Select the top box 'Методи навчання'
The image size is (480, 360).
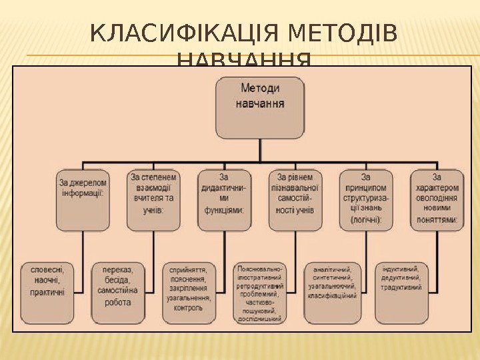[x=259, y=107]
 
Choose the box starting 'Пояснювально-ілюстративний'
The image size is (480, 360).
[x=259, y=292]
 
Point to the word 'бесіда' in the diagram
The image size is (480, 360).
[x=117, y=281]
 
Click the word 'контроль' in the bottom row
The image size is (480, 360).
[x=189, y=308]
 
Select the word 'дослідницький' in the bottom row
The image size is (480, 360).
[x=259, y=319]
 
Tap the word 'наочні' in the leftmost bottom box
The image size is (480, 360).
[x=47, y=281]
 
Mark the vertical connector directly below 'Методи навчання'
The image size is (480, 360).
[x=259, y=150]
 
